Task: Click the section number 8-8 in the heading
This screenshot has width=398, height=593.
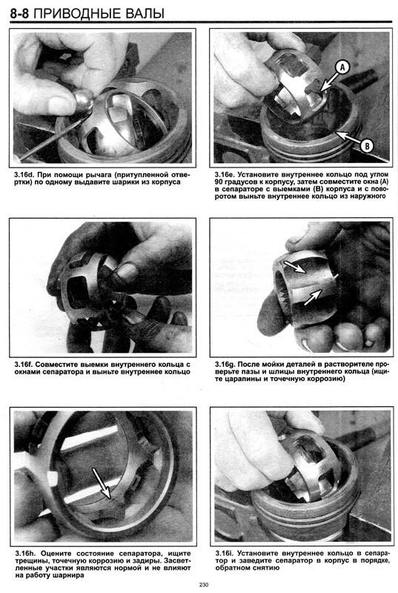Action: (21, 13)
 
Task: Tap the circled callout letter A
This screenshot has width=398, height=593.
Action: (342, 67)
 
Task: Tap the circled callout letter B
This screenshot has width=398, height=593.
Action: (366, 145)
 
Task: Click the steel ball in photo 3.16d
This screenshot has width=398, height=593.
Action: (84, 99)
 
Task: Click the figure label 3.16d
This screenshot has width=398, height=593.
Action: (24, 175)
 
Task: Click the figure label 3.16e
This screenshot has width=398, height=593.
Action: (225, 175)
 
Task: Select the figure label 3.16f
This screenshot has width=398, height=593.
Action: (24, 365)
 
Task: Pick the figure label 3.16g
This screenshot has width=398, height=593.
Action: (225, 365)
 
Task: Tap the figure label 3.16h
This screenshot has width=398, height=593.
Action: (24, 554)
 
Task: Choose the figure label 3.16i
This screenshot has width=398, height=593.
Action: (224, 554)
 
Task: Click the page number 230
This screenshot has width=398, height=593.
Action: (204, 585)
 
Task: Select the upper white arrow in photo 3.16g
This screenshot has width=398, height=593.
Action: (296, 266)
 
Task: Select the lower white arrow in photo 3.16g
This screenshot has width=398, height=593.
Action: (313, 297)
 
